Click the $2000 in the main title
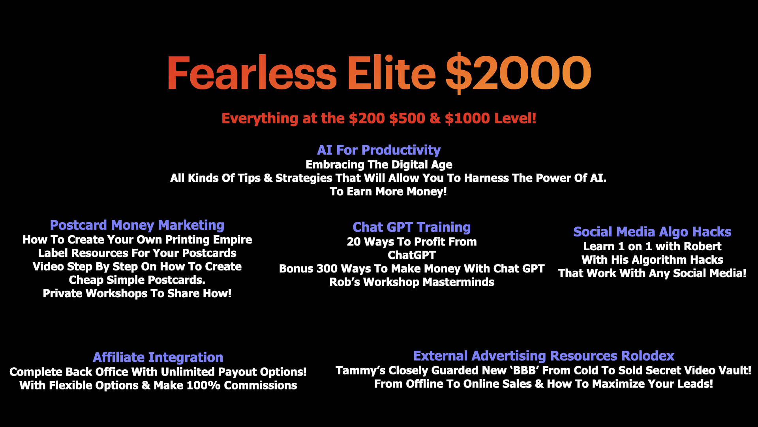click(x=518, y=73)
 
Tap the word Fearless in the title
click(x=251, y=73)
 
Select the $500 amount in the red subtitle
click(x=407, y=118)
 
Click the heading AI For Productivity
click(x=379, y=150)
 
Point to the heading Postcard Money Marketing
click(x=137, y=225)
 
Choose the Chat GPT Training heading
click(x=411, y=227)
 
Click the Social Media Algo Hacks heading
click(x=652, y=232)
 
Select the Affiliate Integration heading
click(x=158, y=357)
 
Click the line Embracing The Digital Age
click(x=379, y=165)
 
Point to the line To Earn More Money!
click(x=388, y=192)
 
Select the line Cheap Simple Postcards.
click(x=137, y=280)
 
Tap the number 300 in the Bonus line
click(x=327, y=269)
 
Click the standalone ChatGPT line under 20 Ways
click(x=412, y=255)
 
